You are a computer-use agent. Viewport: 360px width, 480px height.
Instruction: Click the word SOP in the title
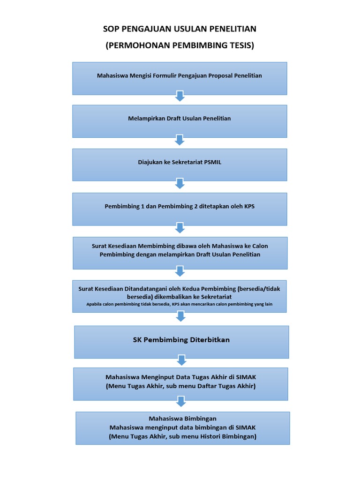point(111,29)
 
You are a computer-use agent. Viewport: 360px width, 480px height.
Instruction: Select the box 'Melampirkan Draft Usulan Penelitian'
point(180,121)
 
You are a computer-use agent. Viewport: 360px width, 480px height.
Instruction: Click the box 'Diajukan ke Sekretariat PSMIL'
point(180,165)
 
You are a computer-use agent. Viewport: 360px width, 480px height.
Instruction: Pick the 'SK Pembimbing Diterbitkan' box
point(181,342)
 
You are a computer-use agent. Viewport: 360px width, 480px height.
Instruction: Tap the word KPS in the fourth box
point(249,206)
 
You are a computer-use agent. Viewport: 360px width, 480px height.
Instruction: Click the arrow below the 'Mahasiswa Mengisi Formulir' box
point(180,97)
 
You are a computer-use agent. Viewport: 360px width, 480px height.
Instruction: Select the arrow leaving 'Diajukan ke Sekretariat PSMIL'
point(180,183)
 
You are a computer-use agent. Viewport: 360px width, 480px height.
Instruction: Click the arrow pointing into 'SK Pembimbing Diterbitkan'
point(180,317)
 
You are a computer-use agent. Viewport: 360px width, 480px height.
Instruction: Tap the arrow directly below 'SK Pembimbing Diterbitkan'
point(181,360)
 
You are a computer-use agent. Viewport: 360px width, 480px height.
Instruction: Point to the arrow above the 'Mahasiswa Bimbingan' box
point(181,402)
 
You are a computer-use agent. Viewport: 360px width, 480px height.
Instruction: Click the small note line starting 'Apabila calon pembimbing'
point(180,304)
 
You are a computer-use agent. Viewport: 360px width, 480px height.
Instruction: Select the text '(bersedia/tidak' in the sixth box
point(259,289)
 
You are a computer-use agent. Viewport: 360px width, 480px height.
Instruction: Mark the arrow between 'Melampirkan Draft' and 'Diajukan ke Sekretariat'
point(180,140)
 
